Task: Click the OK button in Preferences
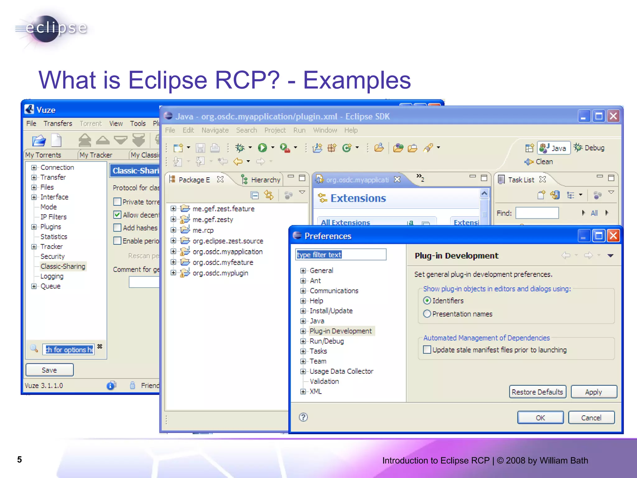tap(540, 418)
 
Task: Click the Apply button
tap(593, 392)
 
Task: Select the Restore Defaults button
tap(537, 392)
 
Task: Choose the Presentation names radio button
tap(427, 314)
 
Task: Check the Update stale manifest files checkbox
tap(427, 350)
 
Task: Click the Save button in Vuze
tap(49, 370)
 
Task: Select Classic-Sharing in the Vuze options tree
tap(63, 266)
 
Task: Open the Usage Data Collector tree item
tap(341, 371)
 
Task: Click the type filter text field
tap(341, 255)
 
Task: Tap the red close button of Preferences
tap(613, 236)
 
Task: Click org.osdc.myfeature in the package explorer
tap(223, 262)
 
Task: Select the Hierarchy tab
tap(265, 180)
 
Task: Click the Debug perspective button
tap(590, 148)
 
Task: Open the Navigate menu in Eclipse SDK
tap(215, 130)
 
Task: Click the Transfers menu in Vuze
tap(58, 124)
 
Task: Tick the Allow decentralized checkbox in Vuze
tap(117, 215)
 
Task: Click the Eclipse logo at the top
tap(51, 29)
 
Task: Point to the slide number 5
tap(20, 460)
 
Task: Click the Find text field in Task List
tap(537, 213)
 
